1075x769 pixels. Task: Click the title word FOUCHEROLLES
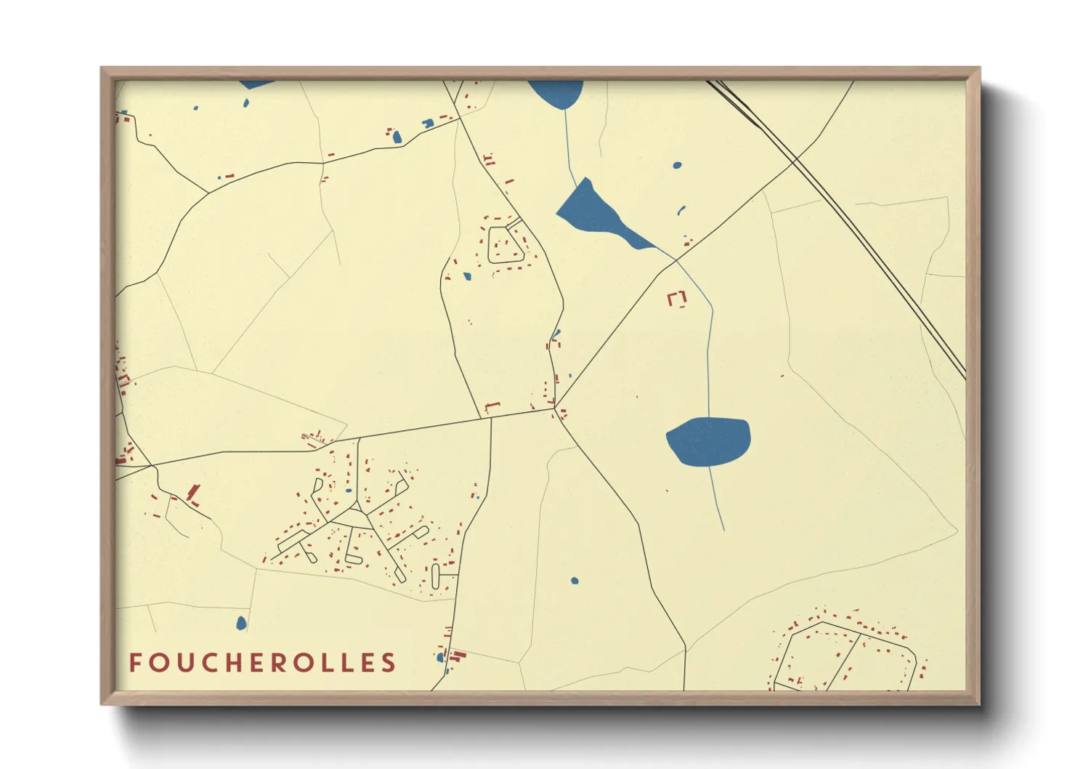coord(262,663)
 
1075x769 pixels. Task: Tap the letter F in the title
coord(135,663)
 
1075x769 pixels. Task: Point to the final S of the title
coord(389,663)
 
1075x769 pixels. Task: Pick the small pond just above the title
coord(241,623)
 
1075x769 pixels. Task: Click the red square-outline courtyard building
coord(677,299)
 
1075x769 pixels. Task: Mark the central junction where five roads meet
coord(555,408)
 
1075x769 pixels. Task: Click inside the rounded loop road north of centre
coord(506,244)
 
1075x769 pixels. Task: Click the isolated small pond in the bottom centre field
coord(575,581)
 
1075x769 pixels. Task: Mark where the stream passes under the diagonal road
coord(676,260)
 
